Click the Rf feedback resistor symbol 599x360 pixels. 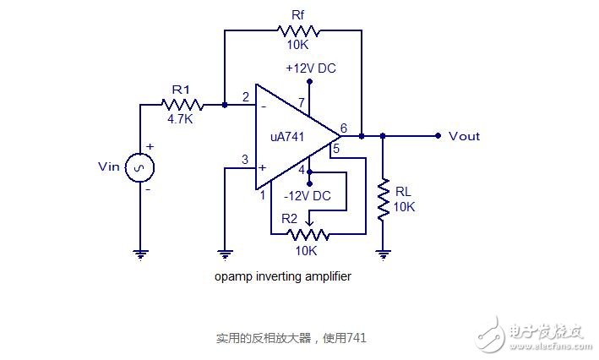[295, 30]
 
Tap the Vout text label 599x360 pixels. [464, 136]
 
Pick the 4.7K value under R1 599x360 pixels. [181, 120]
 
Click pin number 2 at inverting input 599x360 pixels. [245, 96]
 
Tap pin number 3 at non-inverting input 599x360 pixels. [245, 159]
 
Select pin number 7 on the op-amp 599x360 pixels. [301, 104]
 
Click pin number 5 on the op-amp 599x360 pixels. [335, 150]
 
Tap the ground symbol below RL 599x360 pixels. [384, 252]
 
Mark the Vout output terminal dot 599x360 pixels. [438, 135]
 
